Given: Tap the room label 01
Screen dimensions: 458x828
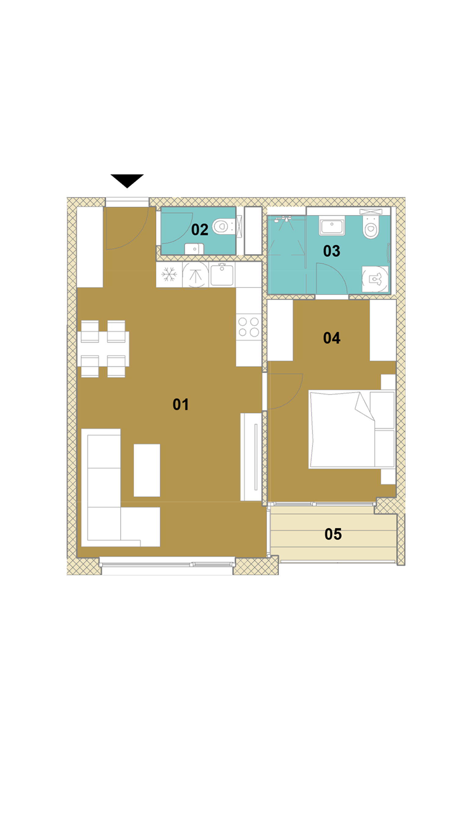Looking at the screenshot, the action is coord(180,404).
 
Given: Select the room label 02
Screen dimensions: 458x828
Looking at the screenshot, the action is coord(200,230).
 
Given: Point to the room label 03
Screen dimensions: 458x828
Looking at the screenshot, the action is coord(332,251).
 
